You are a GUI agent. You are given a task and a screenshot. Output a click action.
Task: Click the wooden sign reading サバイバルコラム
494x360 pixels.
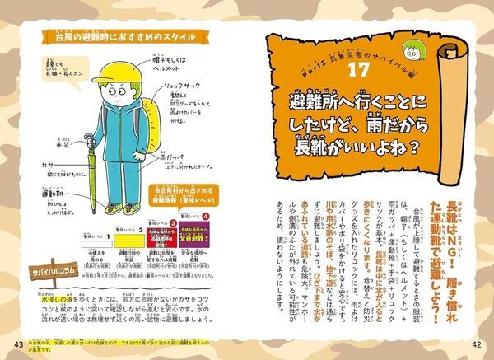(54, 272)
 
